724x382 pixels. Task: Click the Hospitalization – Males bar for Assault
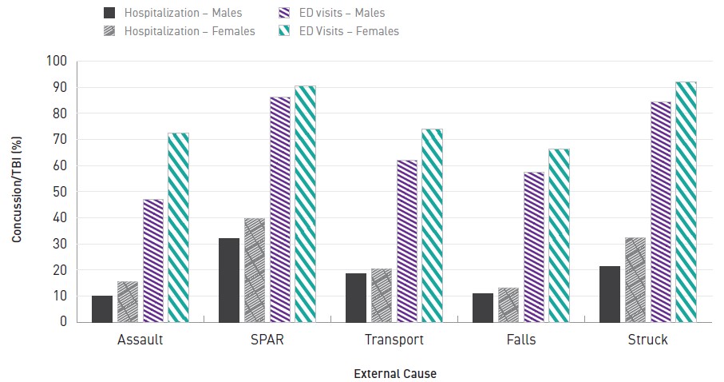(102, 308)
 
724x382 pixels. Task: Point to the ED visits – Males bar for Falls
(534, 247)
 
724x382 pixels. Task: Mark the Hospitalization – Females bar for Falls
(508, 304)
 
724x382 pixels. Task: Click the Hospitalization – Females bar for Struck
(635, 280)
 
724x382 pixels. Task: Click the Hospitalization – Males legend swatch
(110, 13)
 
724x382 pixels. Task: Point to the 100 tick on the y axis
(57, 62)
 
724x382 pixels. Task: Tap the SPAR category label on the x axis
(267, 340)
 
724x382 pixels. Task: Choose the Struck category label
(648, 340)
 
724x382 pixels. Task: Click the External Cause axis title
(395, 373)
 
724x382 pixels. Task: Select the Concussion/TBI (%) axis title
(16, 191)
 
